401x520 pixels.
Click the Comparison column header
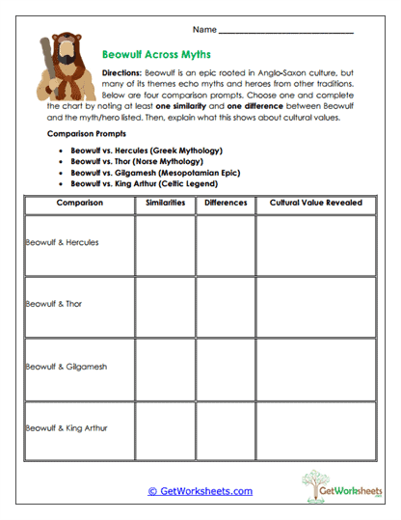[79, 204]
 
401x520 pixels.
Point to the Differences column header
[226, 204]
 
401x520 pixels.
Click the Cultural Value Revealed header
[315, 204]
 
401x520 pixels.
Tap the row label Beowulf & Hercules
[62, 242]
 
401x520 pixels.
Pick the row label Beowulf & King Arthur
[65, 427]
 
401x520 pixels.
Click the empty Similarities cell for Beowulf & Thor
[165, 305]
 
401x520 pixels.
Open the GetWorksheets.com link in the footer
[200, 491]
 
